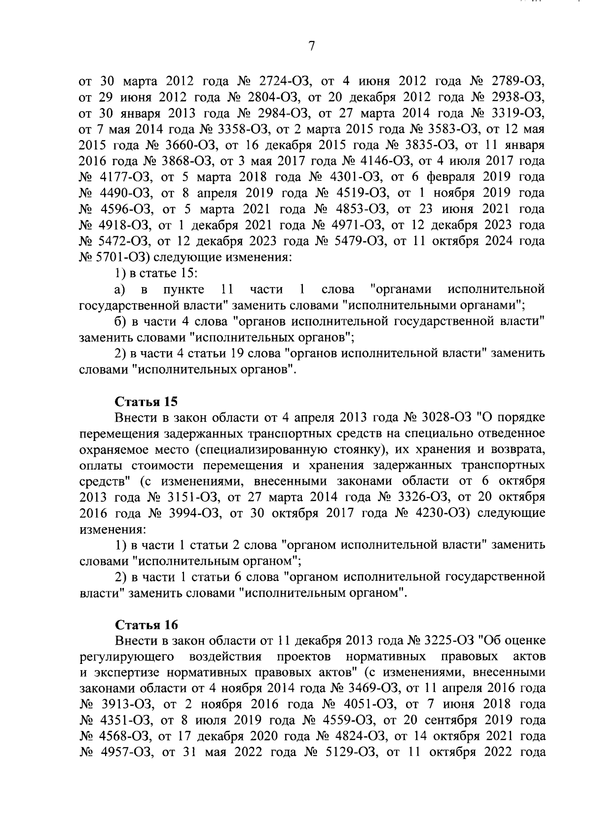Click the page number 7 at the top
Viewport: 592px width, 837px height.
311,46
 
